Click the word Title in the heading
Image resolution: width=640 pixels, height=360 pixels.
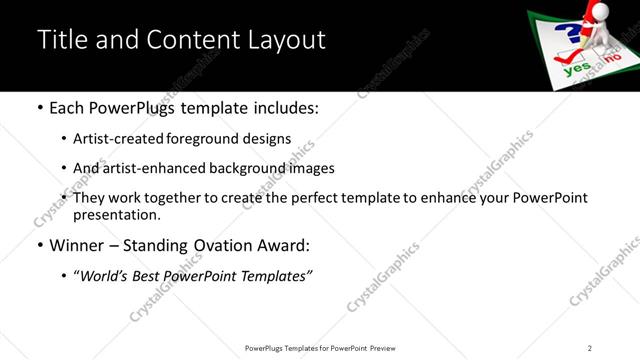tap(63, 40)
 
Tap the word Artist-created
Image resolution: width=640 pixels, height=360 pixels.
tap(115, 139)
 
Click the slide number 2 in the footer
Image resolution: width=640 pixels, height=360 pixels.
tap(590, 347)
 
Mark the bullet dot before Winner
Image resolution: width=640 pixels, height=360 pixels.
tap(39, 245)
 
